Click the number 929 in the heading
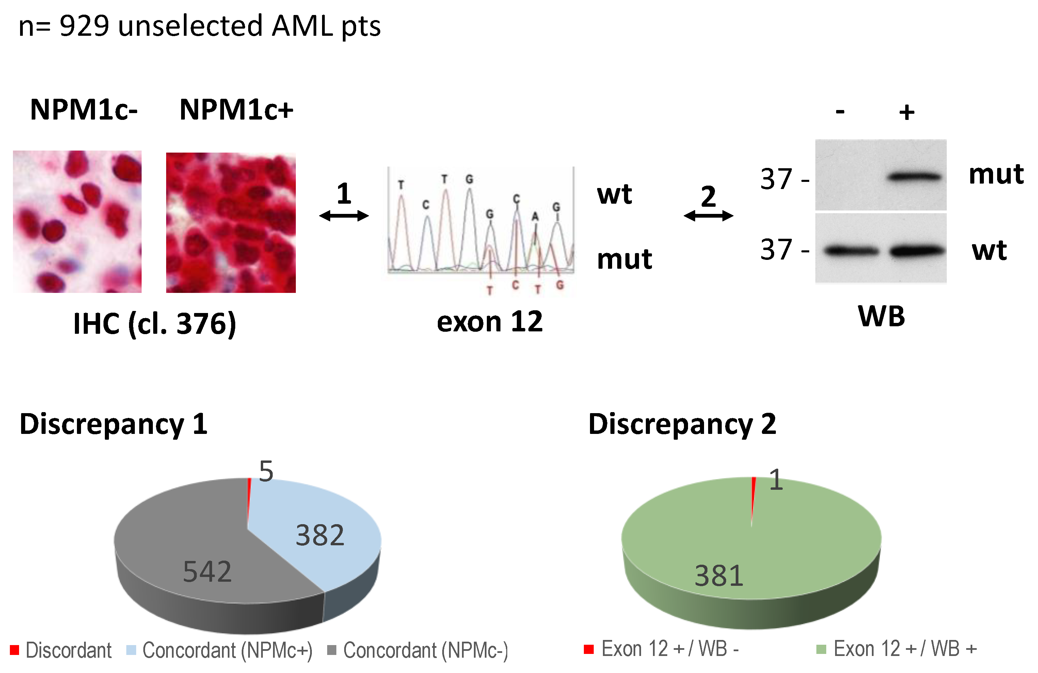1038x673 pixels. pos(84,26)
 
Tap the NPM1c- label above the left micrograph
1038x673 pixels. pos(84,110)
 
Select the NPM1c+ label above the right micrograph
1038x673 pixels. pos(236,110)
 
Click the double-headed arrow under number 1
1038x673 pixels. pos(344,216)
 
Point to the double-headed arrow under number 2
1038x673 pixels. pos(708,216)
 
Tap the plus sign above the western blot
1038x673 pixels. pos(907,113)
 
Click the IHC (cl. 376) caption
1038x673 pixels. pos(155,324)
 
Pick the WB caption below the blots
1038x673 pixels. pos(881,316)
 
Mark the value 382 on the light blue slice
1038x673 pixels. pos(320,535)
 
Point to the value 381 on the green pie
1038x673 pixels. pos(719,576)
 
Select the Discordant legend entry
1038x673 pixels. pos(61,650)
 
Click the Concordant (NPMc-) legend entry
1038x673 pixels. pos(418,650)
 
